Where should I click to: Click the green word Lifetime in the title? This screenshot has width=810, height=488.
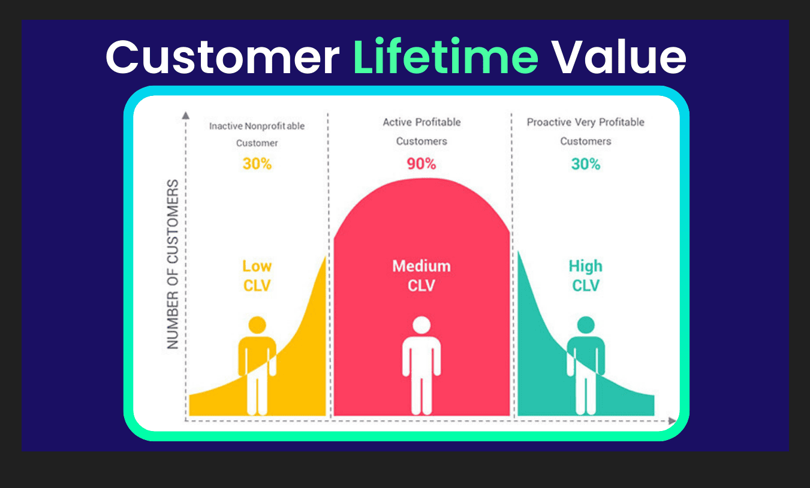pyautogui.click(x=445, y=58)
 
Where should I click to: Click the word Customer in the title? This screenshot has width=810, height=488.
pyautogui.click(x=222, y=58)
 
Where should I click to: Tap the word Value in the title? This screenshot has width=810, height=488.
pyautogui.click(x=618, y=58)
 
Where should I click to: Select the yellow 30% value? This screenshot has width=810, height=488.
pyautogui.click(x=257, y=164)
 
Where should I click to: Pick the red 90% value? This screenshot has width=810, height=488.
pyautogui.click(x=421, y=164)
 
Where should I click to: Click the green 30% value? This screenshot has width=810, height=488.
pyautogui.click(x=586, y=164)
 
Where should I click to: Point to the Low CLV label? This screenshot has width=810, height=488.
pyautogui.click(x=257, y=276)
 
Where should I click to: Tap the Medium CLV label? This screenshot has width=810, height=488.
pyautogui.click(x=421, y=276)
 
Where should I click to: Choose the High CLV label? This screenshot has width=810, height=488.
pyautogui.click(x=586, y=276)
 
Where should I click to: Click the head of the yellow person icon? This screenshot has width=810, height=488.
pyautogui.click(x=257, y=326)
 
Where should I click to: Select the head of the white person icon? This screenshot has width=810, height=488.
pyautogui.click(x=421, y=326)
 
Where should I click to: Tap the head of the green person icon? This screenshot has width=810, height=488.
pyautogui.click(x=586, y=326)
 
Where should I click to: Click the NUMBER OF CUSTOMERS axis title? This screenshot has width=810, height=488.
pyautogui.click(x=173, y=264)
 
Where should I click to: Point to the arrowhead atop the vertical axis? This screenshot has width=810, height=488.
pyautogui.click(x=186, y=115)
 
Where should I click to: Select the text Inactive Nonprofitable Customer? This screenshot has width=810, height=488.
pyautogui.click(x=257, y=134)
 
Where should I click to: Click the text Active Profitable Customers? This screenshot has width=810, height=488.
pyautogui.click(x=421, y=131)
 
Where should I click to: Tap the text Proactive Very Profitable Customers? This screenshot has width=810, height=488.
pyautogui.click(x=586, y=131)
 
